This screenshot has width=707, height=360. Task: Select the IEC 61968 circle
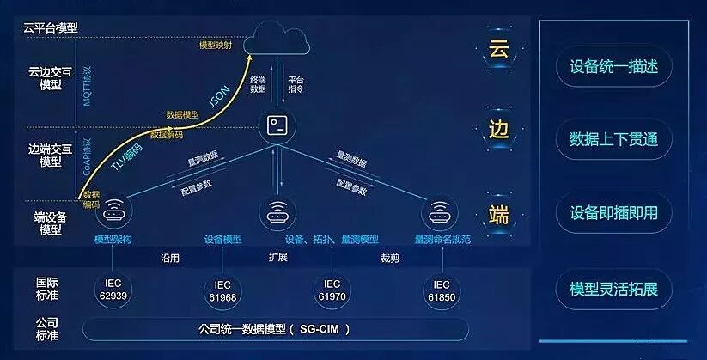(x=222, y=290)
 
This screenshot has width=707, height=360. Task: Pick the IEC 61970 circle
(x=331, y=290)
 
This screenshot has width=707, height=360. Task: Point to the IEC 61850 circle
(x=441, y=290)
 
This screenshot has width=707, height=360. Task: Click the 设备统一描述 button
(x=613, y=66)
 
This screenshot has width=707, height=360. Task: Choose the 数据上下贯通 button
(x=613, y=139)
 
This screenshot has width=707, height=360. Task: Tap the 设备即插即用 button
(x=613, y=213)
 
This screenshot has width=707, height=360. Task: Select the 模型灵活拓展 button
(x=613, y=288)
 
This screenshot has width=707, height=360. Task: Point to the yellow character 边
(x=499, y=129)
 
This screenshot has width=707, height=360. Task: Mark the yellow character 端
(x=499, y=213)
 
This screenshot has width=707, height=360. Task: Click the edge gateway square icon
(x=277, y=125)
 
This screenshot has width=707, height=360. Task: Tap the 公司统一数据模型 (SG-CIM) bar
(x=275, y=328)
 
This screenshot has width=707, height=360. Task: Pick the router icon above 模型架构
(x=113, y=213)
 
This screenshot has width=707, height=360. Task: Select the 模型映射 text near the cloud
(x=215, y=46)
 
